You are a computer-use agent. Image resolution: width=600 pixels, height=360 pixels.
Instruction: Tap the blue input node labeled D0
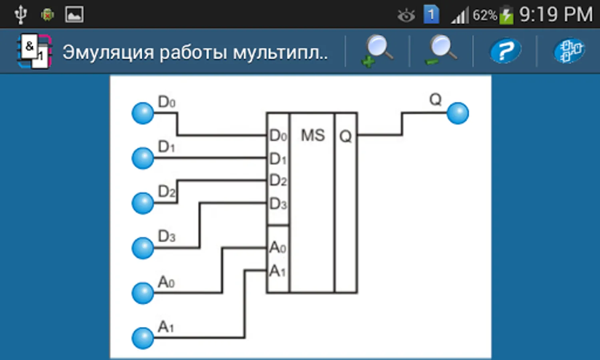143,113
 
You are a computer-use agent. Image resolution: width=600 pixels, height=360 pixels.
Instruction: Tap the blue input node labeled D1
143,158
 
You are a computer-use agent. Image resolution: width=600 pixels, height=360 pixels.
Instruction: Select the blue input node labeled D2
143,203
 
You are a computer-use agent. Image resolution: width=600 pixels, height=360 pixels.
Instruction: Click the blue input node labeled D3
143,248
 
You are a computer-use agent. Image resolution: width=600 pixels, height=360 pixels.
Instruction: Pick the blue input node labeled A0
143,293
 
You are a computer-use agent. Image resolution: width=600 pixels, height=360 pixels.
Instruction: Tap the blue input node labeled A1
143,338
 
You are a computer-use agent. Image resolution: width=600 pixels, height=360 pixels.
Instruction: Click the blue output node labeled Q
458,113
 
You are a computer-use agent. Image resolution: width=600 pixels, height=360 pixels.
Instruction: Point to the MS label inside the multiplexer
313,135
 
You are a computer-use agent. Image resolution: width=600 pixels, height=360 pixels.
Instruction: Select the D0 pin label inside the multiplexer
278,135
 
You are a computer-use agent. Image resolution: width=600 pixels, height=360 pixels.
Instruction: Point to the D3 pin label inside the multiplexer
278,204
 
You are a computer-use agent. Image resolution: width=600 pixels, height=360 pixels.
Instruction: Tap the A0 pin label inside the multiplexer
278,247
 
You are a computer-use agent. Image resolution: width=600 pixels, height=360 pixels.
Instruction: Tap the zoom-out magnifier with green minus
441,50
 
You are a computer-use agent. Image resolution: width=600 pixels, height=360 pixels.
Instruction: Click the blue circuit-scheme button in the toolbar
569,50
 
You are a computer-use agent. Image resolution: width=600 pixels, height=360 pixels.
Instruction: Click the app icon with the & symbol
34,51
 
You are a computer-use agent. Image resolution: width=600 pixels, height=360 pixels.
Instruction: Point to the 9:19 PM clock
556,14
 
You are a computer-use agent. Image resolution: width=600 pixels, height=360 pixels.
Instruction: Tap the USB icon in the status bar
21,14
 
